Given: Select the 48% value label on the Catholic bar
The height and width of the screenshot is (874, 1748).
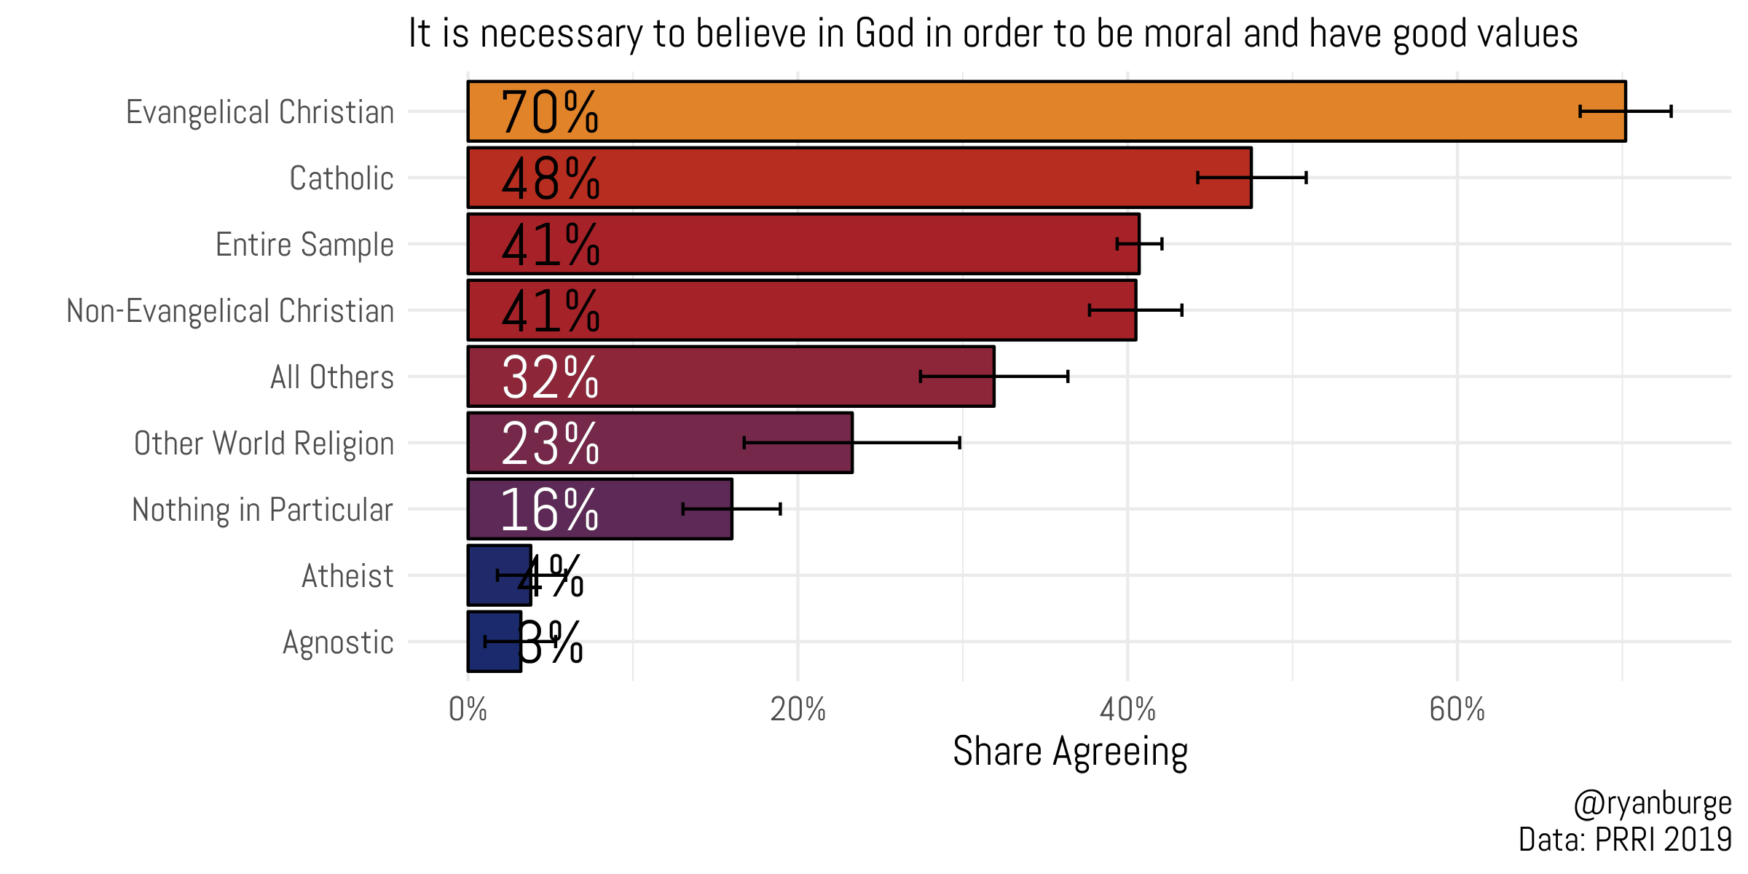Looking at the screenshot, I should point(550,178).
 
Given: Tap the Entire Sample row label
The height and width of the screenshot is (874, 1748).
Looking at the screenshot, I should point(304,245).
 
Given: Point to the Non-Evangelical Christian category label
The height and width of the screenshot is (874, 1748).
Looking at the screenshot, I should point(230,311).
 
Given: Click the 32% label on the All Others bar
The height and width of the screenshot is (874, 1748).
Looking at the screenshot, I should point(550,377).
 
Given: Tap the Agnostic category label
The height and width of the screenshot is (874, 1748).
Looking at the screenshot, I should point(338,642).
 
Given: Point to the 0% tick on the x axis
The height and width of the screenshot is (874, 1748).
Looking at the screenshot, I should point(468,709).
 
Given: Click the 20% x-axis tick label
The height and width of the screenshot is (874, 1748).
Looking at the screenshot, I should point(798,709).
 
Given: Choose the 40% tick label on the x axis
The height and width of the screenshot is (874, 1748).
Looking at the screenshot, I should point(1127,709).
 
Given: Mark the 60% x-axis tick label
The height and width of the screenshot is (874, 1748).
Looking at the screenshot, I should point(1457,709).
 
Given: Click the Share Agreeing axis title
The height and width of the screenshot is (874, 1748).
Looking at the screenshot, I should point(1070,752).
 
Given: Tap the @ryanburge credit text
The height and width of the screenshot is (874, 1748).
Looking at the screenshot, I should point(1652,803).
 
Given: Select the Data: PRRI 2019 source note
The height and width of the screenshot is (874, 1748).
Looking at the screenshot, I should point(1624,840).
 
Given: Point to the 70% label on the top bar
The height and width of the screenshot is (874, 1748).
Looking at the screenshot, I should point(550,112).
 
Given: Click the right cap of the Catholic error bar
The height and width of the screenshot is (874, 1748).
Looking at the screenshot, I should point(1306,178).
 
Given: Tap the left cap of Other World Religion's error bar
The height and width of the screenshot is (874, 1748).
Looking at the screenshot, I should point(744,443).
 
